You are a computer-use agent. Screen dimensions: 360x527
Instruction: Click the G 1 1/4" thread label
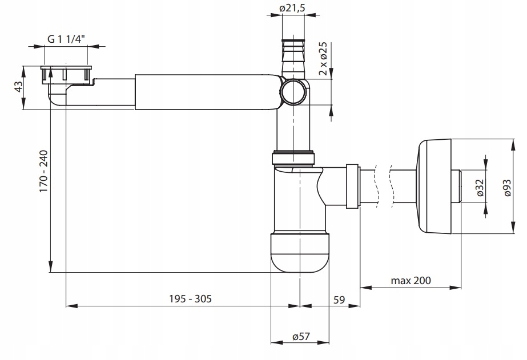point(66,39)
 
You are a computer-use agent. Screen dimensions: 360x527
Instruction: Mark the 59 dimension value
point(340,299)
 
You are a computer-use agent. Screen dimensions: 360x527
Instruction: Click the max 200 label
point(411,280)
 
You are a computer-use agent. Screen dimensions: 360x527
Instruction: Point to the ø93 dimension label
point(512,186)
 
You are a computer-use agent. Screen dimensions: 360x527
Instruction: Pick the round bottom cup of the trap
point(300,253)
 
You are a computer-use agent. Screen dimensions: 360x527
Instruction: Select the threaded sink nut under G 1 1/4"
point(66,74)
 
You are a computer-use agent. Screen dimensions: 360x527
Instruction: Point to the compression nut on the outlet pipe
point(352,186)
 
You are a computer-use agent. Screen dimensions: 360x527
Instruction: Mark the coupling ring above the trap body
point(294,157)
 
